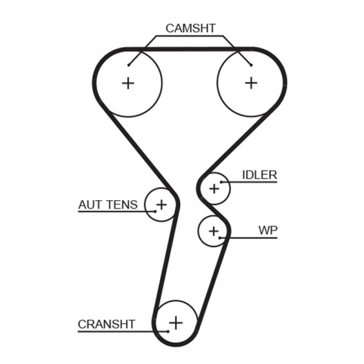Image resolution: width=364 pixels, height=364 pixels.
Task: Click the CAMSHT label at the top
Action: pyautogui.click(x=190, y=28)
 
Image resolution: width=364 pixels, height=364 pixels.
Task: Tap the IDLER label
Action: pyautogui.click(x=259, y=175)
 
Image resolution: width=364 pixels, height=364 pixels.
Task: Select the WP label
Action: pyautogui.click(x=268, y=230)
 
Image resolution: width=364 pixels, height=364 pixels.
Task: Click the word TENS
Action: pyautogui.click(x=121, y=205)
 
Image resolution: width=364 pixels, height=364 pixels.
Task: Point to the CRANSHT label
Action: pyautogui.click(x=106, y=324)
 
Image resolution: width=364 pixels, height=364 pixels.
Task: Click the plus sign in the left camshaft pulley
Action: pyautogui.click(x=129, y=83)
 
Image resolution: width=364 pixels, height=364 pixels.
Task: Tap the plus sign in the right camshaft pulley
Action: pyautogui.click(x=251, y=83)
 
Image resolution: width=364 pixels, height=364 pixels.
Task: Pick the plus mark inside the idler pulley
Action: pyautogui.click(x=214, y=187)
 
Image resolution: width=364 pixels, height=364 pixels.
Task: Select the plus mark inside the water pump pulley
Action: pyautogui.click(x=213, y=231)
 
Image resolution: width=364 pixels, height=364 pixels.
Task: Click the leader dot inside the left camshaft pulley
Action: pyautogui.click(x=129, y=65)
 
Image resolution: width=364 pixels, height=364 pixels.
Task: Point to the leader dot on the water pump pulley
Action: pyautogui.click(x=220, y=238)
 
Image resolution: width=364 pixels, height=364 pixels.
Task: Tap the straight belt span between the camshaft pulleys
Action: pyautogui.click(x=190, y=48)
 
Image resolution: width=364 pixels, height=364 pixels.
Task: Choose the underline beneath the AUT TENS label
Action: pyautogui.click(x=111, y=212)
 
